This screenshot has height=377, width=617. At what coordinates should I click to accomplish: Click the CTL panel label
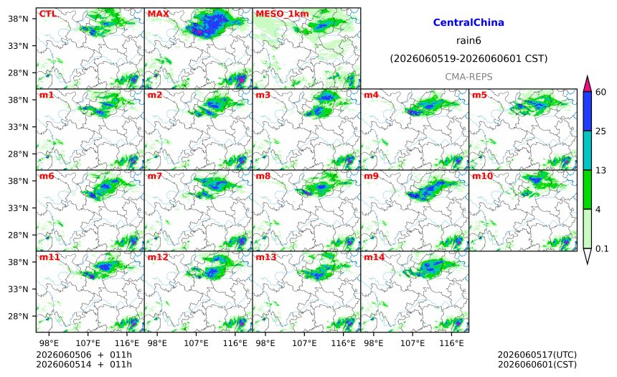pos(47,14)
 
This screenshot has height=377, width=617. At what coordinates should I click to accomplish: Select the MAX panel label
pos(158,14)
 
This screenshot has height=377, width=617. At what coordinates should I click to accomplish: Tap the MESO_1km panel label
pos(282,14)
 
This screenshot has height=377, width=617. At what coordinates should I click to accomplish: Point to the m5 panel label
pos(479,95)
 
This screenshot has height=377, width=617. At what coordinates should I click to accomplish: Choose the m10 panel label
pos(482,176)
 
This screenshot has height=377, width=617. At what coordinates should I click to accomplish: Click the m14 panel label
pos(374,257)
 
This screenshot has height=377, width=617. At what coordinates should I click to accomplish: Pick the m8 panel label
pos(263,176)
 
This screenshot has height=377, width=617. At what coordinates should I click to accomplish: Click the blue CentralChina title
pos(468,22)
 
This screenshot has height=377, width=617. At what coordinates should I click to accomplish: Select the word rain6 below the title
pos(468,41)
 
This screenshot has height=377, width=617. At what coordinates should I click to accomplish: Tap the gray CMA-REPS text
pos(468,77)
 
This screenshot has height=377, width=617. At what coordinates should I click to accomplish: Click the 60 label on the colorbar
pos(600,92)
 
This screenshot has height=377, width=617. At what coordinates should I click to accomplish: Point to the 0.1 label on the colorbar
pos(602,248)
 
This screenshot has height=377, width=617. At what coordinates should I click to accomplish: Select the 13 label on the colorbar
pos(600,171)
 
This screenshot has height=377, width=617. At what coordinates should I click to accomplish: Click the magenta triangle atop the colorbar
pos(587,84)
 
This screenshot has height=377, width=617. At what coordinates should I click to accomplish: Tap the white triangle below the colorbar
pos(587,256)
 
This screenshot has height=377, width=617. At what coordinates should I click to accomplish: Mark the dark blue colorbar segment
pos(587,111)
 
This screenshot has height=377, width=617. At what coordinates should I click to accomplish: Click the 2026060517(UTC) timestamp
pos(537,355)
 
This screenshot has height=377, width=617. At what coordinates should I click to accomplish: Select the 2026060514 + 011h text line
pos(84,364)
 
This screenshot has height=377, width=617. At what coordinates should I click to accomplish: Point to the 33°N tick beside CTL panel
pos(18,46)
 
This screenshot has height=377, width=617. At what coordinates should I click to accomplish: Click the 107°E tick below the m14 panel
pos(413,343)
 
